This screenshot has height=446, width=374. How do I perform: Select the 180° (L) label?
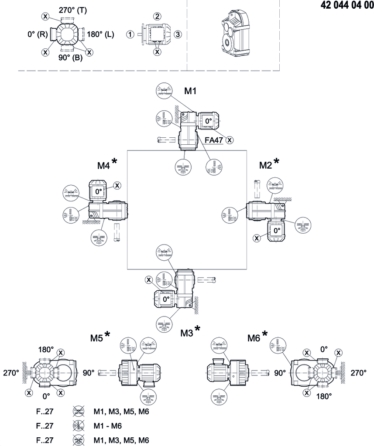tap(100, 34)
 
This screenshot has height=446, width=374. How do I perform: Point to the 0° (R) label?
tap(37, 34)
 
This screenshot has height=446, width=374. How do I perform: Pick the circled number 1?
tap(130, 34)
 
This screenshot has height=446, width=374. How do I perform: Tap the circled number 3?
tap(177, 34)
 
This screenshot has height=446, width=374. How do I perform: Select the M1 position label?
tap(191, 91)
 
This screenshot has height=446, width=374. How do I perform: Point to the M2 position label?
tap(265, 165)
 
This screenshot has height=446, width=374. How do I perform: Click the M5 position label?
tap(96, 338)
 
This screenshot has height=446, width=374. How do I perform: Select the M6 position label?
tap(254, 338)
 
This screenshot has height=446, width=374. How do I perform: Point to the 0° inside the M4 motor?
tap(99, 191)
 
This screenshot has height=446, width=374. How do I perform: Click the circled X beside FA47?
tap(230, 140)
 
